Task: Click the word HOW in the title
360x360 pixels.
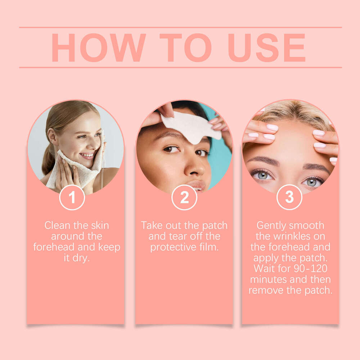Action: click(98, 48)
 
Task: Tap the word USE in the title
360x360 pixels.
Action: click(266, 48)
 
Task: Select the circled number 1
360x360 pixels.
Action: click(72, 197)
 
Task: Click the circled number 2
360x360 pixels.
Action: click(184, 197)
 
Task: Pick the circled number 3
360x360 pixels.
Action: click(289, 197)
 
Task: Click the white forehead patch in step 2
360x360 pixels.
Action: click(191, 126)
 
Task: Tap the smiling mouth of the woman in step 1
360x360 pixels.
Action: click(87, 155)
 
